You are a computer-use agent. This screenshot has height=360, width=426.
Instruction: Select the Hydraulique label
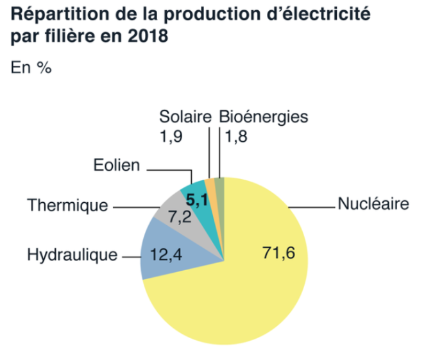[72, 255]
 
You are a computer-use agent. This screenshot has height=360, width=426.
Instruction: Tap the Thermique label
[67, 207]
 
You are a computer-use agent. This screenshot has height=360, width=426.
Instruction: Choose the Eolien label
[116, 166]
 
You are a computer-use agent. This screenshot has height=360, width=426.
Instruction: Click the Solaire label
[185, 117]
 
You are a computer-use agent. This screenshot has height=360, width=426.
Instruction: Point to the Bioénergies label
[264, 117]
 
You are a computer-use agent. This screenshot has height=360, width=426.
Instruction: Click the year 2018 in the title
[151, 36]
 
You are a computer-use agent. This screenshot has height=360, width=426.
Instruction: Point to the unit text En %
[31, 67]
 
